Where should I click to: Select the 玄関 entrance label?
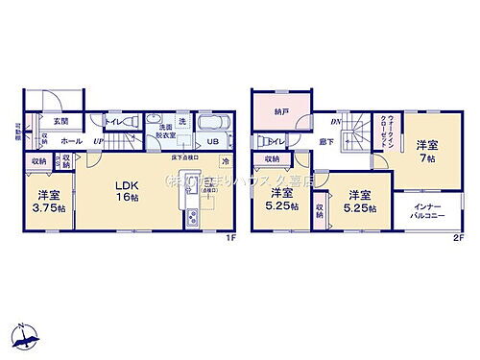point(60,122)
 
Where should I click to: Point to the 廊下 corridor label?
point(327,142)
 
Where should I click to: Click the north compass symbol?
point(26,336)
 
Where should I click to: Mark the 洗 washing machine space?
point(181,121)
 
